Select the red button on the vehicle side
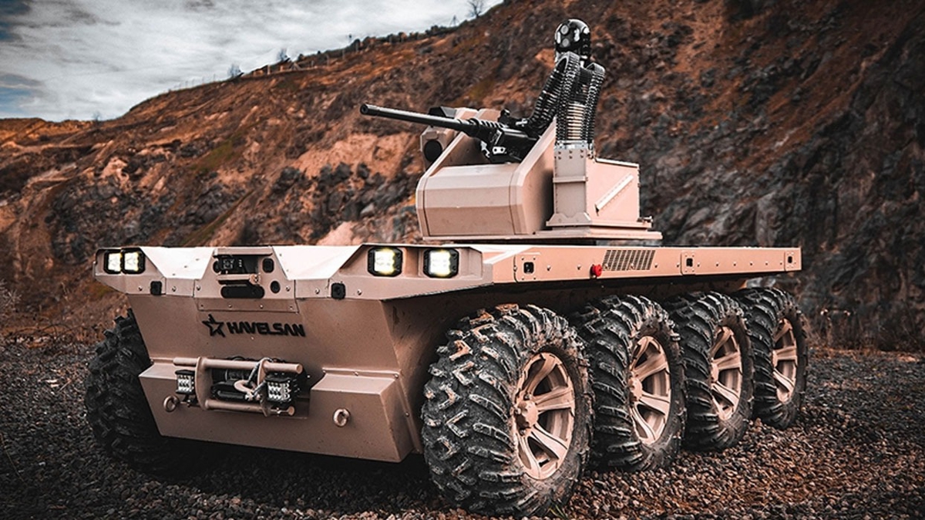coord(596,270)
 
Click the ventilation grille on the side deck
coord(628,260)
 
